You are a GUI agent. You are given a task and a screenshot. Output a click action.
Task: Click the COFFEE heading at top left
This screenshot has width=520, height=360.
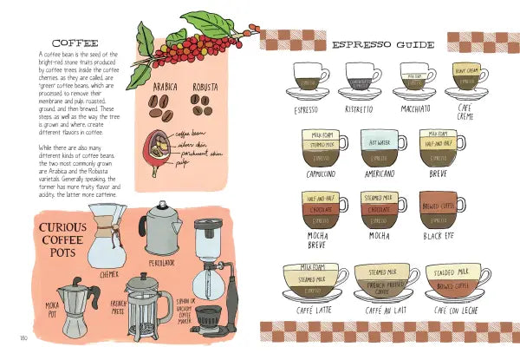point(75,42)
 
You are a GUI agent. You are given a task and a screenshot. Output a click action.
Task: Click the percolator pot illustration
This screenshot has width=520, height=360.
point(160,229)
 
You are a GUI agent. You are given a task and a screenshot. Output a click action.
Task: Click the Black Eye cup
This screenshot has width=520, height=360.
point(437,212)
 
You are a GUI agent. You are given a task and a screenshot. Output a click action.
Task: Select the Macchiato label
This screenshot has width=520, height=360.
point(415,111)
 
